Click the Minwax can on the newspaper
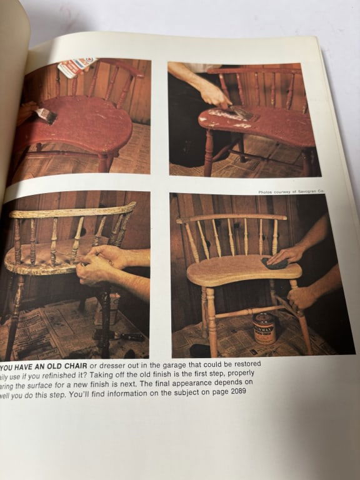264,327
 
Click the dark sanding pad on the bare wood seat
274,264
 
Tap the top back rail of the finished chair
231,218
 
